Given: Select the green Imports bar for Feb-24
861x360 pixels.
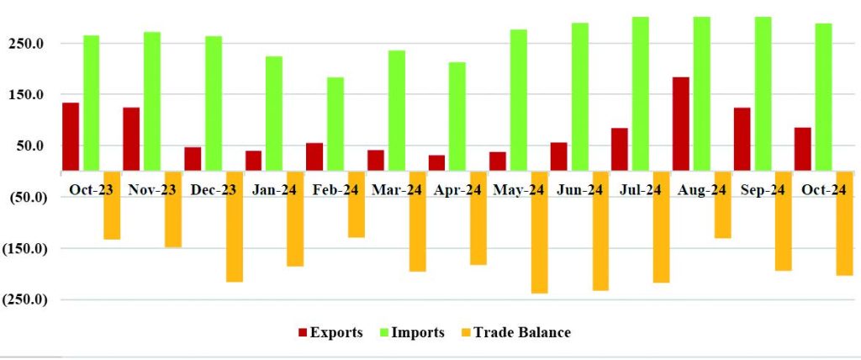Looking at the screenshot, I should (x=335, y=124).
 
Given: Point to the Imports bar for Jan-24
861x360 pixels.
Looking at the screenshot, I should (x=274, y=114).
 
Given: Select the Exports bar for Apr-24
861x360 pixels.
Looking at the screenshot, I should (x=436, y=162).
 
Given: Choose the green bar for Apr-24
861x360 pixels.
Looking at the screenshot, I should (x=457, y=116).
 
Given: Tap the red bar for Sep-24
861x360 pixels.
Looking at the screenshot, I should (x=742, y=139).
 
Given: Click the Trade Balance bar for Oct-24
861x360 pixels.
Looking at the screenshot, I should (x=844, y=223).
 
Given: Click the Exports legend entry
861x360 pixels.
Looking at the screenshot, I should (x=330, y=332).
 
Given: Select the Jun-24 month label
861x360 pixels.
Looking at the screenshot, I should (x=579, y=190).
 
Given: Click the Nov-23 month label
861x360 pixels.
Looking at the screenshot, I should (x=152, y=190).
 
